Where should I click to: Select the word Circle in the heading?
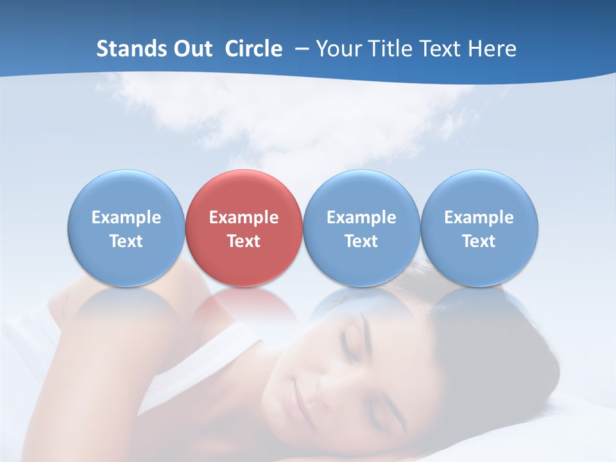tap(253, 49)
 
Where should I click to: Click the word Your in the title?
tap(337, 49)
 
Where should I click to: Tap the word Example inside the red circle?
tap(244, 218)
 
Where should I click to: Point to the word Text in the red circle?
tap(244, 241)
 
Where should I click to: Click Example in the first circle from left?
tap(126, 218)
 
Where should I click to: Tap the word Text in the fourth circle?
tap(479, 241)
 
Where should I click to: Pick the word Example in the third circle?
tap(361, 218)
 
